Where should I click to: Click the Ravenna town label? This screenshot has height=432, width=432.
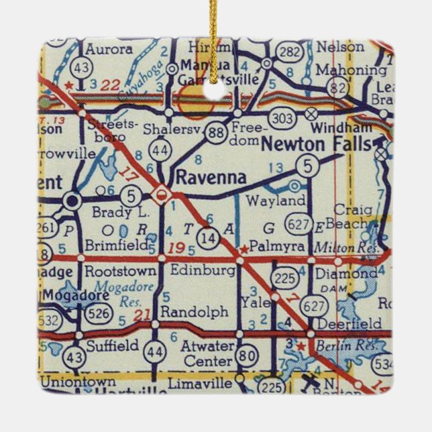click(x=209, y=177)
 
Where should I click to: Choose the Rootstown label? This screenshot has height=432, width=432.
click(x=120, y=272)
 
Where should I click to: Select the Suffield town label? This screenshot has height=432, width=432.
click(x=112, y=345)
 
